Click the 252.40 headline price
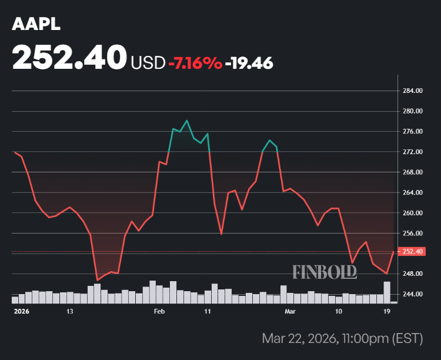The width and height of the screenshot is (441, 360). tap(69, 58)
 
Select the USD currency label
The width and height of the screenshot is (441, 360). tap(148, 63)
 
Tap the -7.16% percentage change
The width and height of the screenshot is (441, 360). tap(195, 63)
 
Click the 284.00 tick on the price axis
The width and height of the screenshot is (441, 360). tap(413, 91)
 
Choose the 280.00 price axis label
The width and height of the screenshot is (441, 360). tap(413, 111)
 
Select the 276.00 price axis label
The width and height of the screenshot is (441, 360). tap(413, 132)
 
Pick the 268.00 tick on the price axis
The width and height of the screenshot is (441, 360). tap(413, 172)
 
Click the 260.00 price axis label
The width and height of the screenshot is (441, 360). tap(413, 213)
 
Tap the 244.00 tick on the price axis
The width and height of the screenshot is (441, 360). tap(413, 294)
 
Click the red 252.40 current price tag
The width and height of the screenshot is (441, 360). tap(413, 252)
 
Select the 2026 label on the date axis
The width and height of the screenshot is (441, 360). tap(21, 311)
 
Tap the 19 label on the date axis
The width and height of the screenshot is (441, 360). tap(387, 311)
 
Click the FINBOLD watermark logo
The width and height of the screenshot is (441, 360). tap(325, 271)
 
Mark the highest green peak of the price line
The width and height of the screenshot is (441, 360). tap(186, 121)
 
